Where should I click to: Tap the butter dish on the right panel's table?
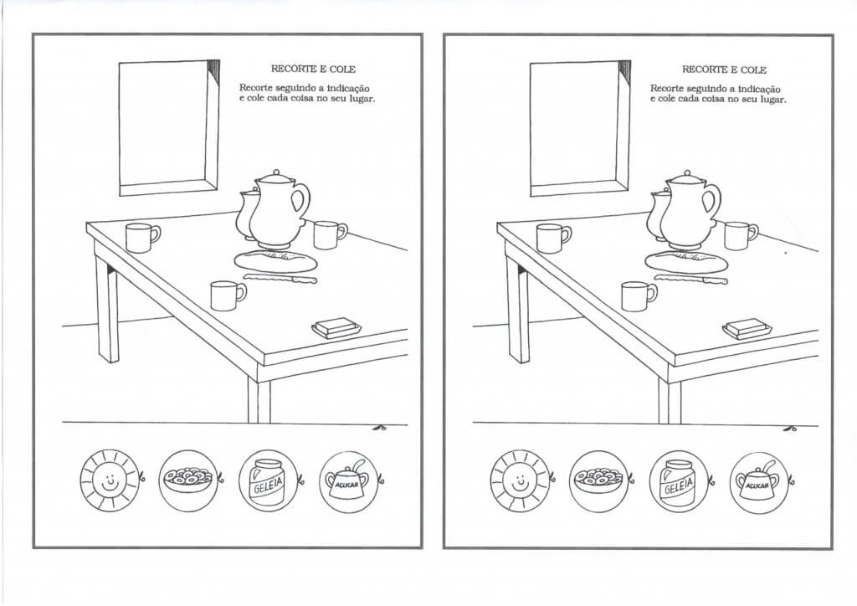click(747, 328)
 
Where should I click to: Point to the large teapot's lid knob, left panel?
click(274, 174)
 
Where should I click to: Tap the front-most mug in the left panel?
click(225, 295)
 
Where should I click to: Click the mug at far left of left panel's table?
click(141, 238)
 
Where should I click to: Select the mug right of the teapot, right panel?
click(739, 235)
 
